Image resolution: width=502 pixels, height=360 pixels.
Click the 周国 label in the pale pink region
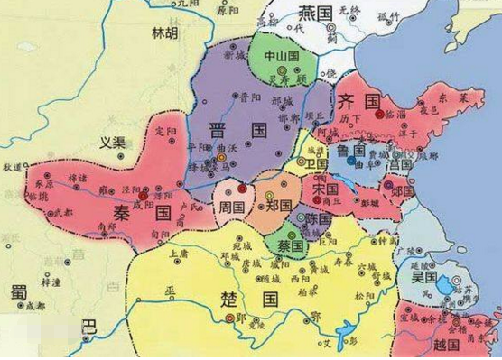coord(232,208)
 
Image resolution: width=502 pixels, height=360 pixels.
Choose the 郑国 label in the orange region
coord(280,207)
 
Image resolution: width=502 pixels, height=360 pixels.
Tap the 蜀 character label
coord(16,293)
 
